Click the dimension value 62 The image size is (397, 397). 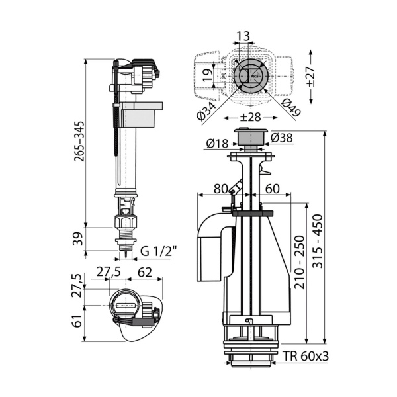click(146, 272)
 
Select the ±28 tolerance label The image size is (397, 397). click(247, 118)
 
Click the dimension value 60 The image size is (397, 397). click(271, 188)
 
